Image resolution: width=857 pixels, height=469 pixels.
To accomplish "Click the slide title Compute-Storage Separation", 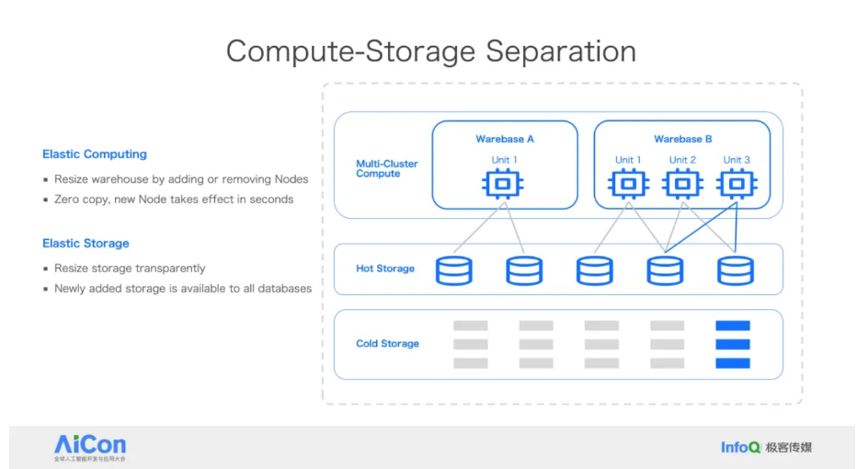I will [x=430, y=51].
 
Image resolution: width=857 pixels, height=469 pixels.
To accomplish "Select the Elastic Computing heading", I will [x=95, y=154].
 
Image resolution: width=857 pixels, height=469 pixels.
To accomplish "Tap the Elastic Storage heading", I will [x=86, y=244].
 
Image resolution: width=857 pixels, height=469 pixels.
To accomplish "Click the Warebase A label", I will [x=505, y=140].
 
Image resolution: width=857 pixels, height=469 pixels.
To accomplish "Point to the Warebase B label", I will [x=683, y=140].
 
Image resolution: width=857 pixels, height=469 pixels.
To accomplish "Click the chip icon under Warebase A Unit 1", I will [x=503, y=185].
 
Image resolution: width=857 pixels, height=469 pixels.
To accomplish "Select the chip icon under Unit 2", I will [x=682, y=185].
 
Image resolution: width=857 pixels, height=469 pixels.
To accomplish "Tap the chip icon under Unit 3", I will [x=736, y=185].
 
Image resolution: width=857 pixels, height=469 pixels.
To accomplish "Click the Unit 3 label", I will [x=737, y=160].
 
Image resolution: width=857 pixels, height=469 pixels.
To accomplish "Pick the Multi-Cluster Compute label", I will [x=387, y=168].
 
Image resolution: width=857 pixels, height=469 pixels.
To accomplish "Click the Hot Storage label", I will [x=385, y=269].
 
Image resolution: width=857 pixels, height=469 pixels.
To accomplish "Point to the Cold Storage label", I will [x=387, y=344].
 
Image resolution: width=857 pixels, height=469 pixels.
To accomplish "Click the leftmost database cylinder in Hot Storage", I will [x=453, y=269].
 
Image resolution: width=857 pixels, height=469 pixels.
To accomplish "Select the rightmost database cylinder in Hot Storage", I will [x=735, y=269].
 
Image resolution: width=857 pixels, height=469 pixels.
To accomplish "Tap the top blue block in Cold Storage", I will [x=733, y=326].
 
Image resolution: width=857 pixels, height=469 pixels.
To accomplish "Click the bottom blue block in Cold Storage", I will [x=733, y=363].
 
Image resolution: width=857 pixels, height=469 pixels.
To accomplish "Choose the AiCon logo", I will [x=90, y=447].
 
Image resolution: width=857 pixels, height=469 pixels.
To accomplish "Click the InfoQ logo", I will [x=740, y=447].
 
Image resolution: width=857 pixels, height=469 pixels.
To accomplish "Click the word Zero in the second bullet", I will [x=68, y=200].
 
